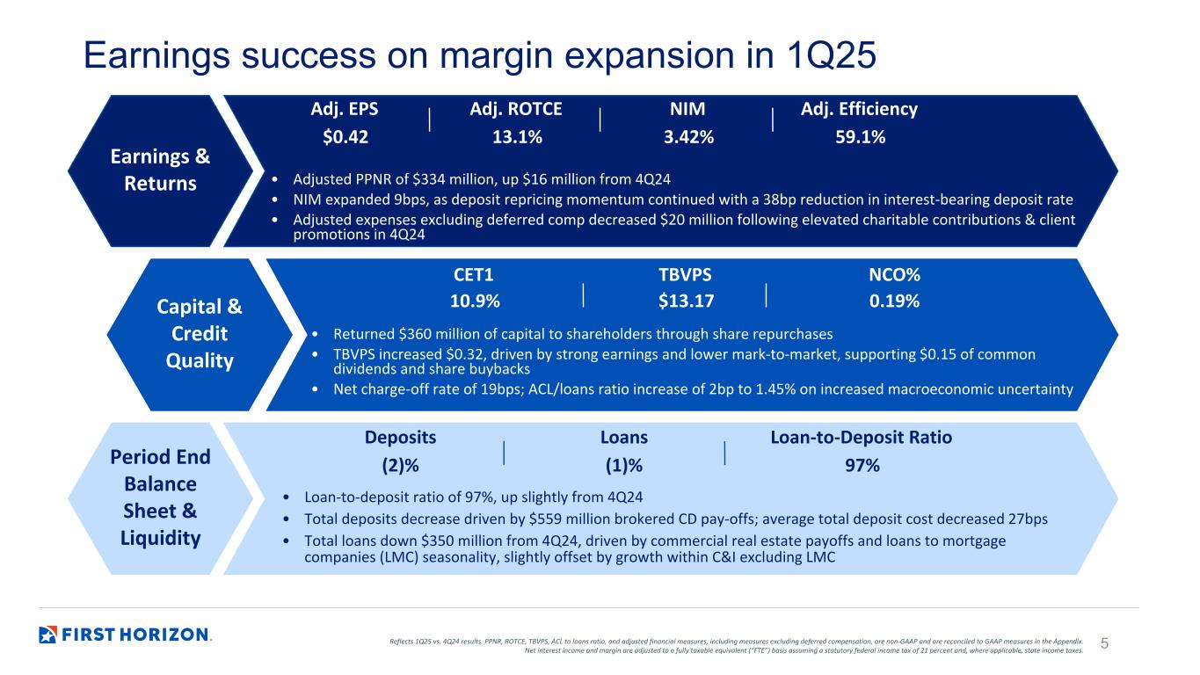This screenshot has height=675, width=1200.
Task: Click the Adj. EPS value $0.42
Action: click(x=345, y=137)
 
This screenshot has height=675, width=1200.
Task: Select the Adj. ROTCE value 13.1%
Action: click(x=516, y=137)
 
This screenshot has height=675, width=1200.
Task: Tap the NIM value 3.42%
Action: click(x=687, y=137)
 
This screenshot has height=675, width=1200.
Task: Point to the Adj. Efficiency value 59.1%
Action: click(x=859, y=137)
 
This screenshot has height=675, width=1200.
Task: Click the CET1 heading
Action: click(x=475, y=275)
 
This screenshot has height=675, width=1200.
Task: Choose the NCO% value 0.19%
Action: click(x=894, y=301)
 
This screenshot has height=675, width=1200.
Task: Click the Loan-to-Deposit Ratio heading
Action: click(x=861, y=438)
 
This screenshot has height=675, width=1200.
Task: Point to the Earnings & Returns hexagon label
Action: click(x=160, y=171)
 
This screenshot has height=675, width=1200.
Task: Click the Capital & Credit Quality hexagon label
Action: click(x=200, y=334)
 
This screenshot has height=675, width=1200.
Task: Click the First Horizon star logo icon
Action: click(x=48, y=635)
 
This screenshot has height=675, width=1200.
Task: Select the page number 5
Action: click(x=1105, y=644)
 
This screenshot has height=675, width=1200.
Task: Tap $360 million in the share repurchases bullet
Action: click(x=431, y=334)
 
